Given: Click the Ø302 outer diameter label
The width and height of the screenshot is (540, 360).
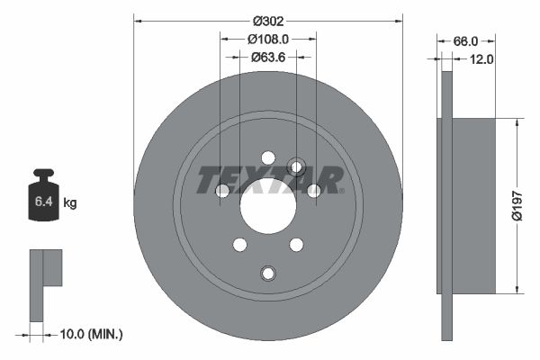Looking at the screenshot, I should point(268,20).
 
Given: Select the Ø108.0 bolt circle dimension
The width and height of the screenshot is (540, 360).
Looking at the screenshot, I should point(267,40).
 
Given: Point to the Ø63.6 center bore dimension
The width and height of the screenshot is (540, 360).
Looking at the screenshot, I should point(267,58).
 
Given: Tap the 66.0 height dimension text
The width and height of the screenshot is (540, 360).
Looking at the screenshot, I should point(463,41).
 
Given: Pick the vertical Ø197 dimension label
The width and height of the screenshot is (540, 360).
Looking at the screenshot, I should point(517,204).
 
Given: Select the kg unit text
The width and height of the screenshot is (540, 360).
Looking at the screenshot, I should point(70,203).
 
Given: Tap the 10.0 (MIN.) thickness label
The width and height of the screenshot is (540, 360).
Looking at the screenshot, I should point(90,334).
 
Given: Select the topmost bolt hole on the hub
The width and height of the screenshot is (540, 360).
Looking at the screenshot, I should point(268,157).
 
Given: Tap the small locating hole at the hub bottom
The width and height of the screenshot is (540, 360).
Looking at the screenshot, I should point(268,273).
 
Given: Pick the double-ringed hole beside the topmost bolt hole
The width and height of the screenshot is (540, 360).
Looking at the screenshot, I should point(295,166).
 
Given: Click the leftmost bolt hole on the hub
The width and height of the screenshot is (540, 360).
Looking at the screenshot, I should point(223,190).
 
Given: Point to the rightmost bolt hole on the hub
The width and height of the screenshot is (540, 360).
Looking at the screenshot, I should point(314,190).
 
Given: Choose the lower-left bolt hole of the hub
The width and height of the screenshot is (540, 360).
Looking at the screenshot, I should point(240,244).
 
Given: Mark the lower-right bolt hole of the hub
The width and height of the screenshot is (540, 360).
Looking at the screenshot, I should point(296,244).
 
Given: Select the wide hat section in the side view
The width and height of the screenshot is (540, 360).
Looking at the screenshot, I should point(468,204).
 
